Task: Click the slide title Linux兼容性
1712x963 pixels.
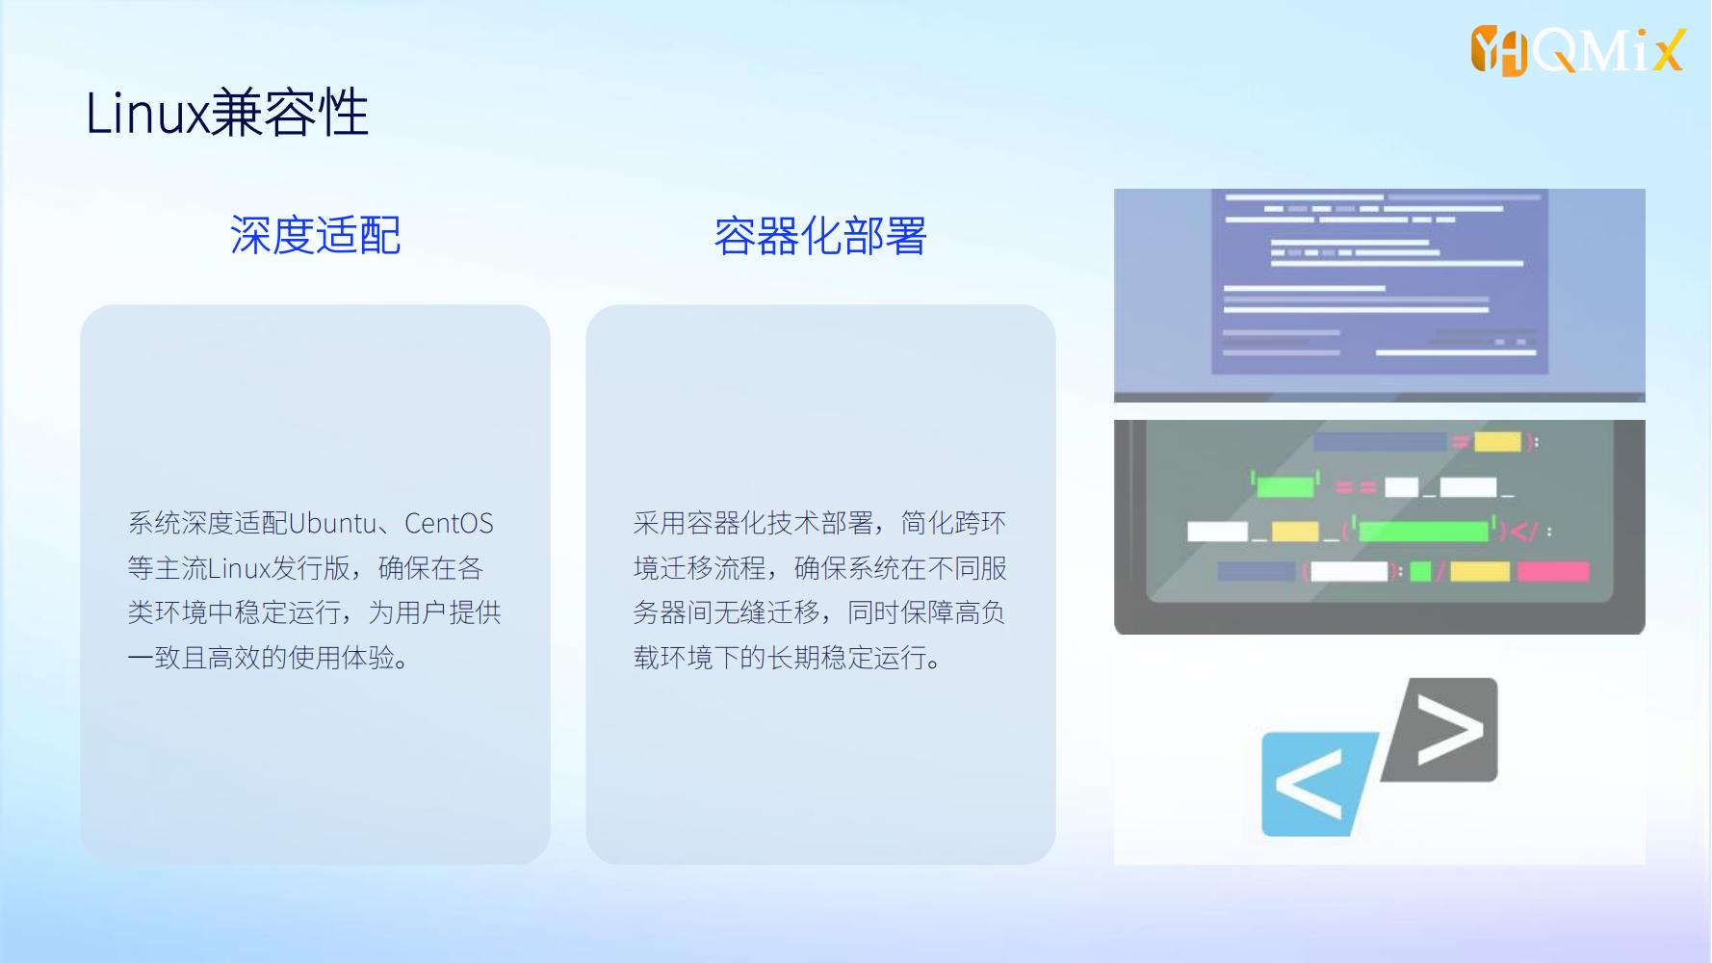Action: (227, 113)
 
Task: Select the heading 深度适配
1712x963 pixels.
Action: (315, 235)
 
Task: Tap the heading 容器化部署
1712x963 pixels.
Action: (820, 236)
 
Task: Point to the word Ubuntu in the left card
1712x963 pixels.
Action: (332, 523)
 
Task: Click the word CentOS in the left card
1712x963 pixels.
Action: (449, 523)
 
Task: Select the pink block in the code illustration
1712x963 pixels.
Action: (1553, 571)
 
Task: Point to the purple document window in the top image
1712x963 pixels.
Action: (1380, 281)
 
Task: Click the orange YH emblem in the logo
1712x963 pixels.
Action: (1499, 51)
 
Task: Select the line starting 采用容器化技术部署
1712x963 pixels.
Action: (820, 523)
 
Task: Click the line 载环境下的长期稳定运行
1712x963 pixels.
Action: (787, 658)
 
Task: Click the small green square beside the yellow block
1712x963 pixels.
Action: (1420, 572)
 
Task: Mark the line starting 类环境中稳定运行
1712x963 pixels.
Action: (315, 612)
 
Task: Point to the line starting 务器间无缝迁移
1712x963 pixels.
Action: (819, 612)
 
